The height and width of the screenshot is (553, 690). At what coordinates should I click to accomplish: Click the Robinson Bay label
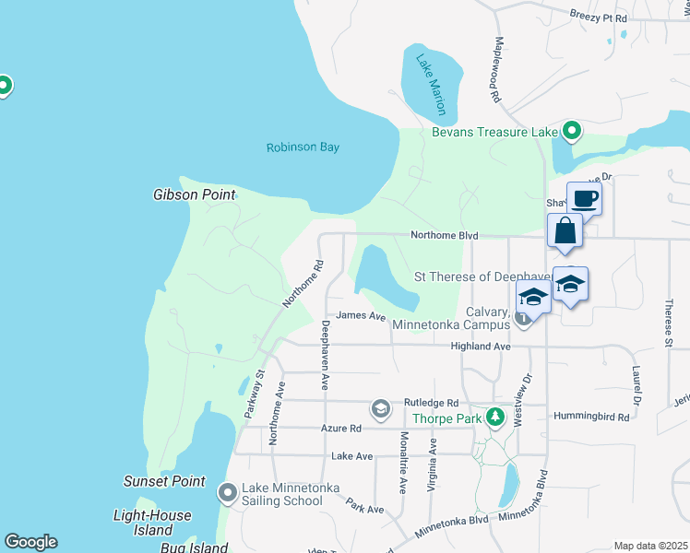[x=303, y=147]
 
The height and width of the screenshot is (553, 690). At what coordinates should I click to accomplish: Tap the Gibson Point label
[x=194, y=194]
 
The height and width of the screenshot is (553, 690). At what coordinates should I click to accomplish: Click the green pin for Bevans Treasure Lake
[x=571, y=132]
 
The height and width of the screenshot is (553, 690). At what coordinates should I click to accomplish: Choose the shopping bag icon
[x=565, y=231]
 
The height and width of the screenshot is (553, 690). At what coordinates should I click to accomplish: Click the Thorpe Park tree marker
[x=495, y=417]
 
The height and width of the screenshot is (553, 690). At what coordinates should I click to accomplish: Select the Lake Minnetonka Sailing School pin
[x=228, y=494]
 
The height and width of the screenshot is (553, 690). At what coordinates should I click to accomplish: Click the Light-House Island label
[x=152, y=523]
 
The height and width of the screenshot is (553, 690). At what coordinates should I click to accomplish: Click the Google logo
[x=30, y=542]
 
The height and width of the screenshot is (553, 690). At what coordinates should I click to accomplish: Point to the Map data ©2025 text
[x=649, y=546]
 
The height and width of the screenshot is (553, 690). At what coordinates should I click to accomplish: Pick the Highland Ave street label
[x=480, y=346]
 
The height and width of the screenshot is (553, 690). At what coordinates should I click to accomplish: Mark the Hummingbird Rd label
[x=590, y=417]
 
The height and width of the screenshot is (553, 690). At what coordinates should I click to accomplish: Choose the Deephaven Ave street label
[x=325, y=355]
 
